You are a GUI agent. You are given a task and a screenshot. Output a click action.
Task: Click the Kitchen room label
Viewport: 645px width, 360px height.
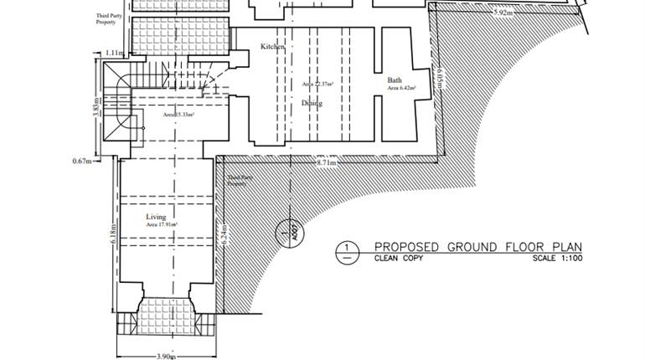click(272, 47)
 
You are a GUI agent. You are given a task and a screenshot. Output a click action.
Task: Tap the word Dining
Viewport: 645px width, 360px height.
click(312, 103)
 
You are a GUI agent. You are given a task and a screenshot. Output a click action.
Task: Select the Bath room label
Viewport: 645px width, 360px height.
click(395, 80)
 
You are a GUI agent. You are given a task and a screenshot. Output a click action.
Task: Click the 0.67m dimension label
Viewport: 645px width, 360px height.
click(82, 160)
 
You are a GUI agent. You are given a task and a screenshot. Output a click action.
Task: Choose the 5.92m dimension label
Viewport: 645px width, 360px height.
click(503, 13)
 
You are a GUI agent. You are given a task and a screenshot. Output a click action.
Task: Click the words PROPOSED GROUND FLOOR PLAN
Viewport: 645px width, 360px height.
click(477, 247)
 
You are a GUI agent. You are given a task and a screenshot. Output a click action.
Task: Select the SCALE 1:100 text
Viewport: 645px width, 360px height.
click(557, 259)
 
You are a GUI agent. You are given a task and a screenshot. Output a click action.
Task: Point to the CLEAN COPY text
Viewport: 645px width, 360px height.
click(399, 259)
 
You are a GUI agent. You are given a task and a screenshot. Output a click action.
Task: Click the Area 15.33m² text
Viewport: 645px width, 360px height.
click(178, 115)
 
